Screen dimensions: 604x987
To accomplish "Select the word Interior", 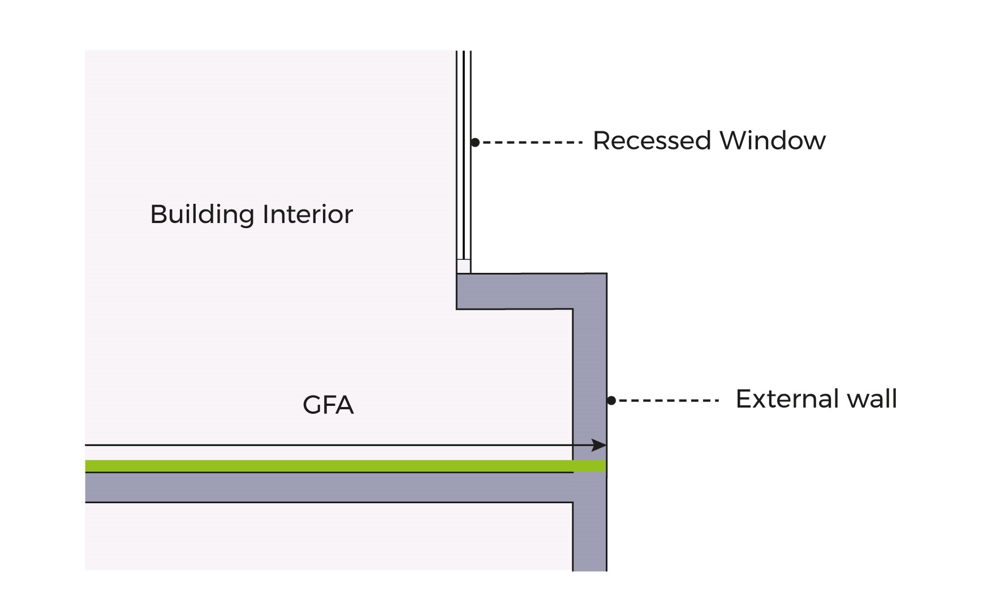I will point(308,215).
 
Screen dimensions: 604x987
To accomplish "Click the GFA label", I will point(328,405).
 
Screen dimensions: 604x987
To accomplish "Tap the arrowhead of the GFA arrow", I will point(600,445).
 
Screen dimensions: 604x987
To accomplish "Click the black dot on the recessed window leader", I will point(475,143).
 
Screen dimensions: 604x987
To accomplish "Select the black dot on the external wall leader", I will point(611,401).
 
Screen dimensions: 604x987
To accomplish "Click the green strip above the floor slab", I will point(328,466).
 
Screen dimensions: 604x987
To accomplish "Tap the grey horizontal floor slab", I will point(328,487).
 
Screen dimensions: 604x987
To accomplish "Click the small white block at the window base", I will point(463,267).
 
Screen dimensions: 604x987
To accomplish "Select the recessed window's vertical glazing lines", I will point(464,153).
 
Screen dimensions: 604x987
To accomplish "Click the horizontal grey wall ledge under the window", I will point(515,292).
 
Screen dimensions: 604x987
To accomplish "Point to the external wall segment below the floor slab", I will point(590,538).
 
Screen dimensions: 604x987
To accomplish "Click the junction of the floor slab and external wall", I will point(590,487).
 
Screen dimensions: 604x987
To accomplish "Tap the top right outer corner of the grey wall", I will point(606,275).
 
